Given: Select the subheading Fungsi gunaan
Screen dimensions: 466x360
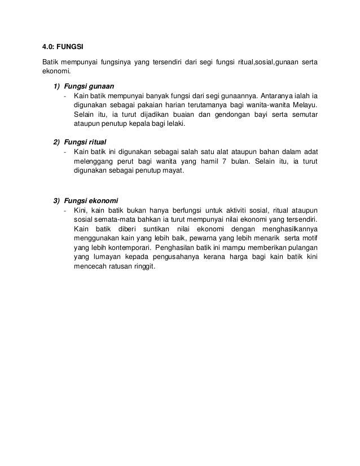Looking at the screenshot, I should click(89, 86).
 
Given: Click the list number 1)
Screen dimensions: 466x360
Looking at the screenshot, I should click(57, 86).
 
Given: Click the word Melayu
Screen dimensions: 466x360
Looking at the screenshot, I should click(302, 105).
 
